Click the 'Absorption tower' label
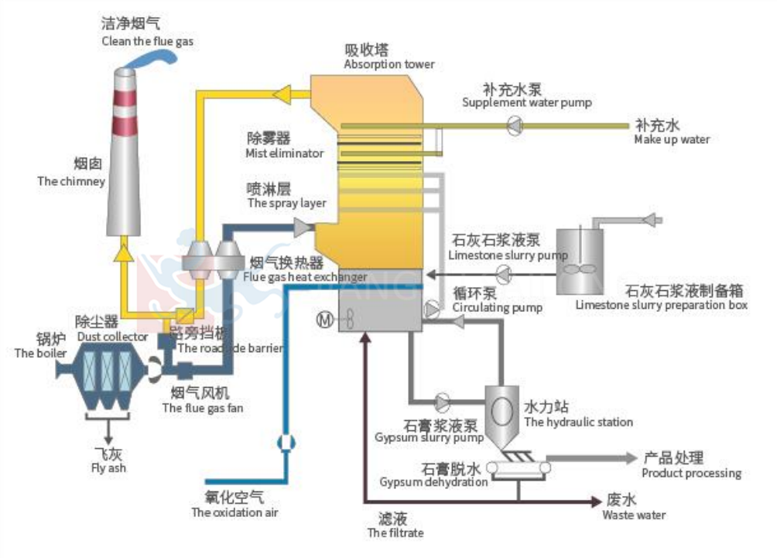[389, 64]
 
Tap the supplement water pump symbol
[515, 125]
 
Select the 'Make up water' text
[671, 139]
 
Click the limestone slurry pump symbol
[504, 272]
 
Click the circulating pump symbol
[431, 310]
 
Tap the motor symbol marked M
[324, 319]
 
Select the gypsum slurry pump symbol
[443, 402]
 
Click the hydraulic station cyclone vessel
[501, 410]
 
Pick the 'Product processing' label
[691, 473]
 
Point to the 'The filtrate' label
[395, 532]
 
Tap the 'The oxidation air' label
[234, 512]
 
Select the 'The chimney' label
[71, 181]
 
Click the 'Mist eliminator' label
[285, 153]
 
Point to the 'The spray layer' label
[286, 203]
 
